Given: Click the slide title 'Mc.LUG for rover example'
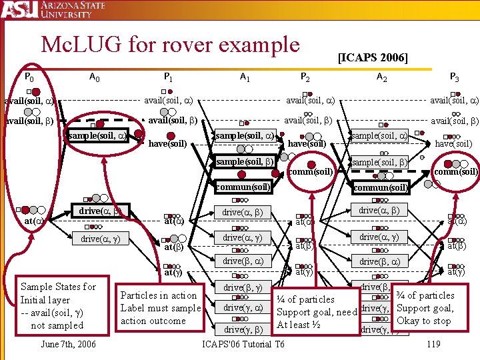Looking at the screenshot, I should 170,45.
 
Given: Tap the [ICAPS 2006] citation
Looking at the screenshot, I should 373,57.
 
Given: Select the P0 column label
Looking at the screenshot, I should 29,77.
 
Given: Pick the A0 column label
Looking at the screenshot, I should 94,77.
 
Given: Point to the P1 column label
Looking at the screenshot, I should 169,77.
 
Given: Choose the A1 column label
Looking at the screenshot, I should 245,77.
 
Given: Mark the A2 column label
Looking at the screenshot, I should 382,77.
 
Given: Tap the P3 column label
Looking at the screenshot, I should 453,77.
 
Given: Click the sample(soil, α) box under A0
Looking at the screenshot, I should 98,136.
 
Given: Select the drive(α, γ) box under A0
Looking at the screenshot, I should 100,238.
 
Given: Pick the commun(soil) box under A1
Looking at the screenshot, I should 243,187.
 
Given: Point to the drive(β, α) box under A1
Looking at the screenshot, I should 243,261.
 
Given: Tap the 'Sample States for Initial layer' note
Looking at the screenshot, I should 58,306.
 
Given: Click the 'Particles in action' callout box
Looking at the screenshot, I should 160,308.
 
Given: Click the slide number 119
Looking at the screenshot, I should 433,344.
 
